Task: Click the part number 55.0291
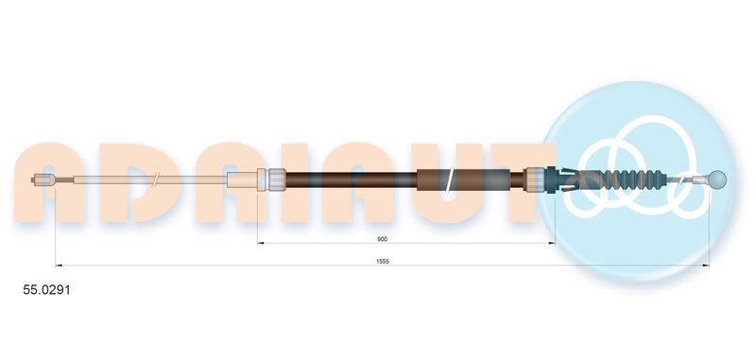(x=46, y=290)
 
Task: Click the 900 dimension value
(x=383, y=238)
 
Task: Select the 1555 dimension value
(x=383, y=261)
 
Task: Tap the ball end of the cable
(x=718, y=180)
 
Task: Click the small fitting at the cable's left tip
(x=43, y=180)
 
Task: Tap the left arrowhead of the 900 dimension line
(x=261, y=243)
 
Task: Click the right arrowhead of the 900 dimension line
(x=552, y=243)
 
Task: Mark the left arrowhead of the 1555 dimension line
(x=59, y=266)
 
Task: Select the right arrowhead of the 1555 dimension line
(x=706, y=266)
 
